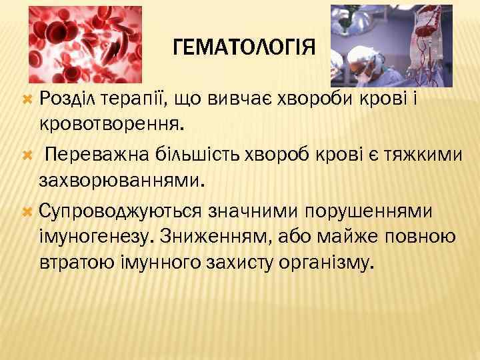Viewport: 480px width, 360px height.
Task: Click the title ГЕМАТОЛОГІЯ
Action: coord(243,49)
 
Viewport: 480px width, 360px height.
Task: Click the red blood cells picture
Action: coord(85,44)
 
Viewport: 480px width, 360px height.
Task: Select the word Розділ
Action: coord(67,99)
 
